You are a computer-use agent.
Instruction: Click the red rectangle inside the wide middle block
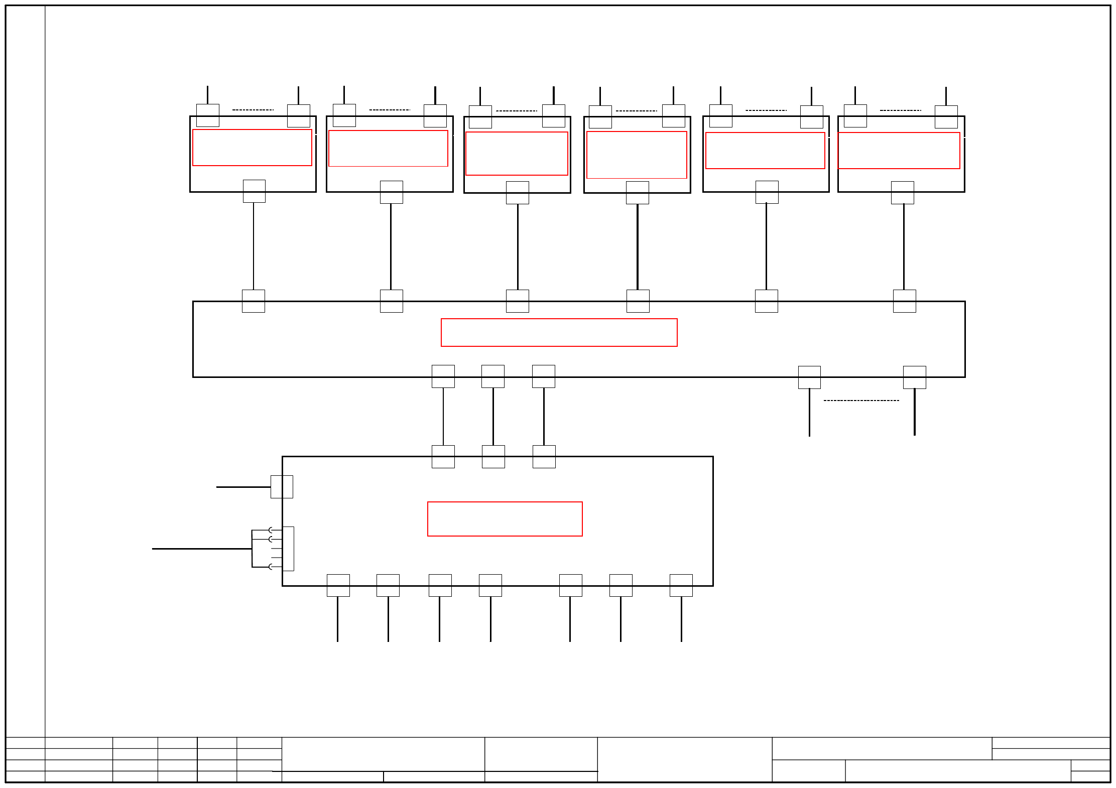tap(559, 332)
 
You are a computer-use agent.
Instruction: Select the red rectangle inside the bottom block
tap(505, 518)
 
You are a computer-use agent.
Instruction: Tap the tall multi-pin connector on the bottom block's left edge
tap(288, 548)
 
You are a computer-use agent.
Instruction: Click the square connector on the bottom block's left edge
tap(282, 486)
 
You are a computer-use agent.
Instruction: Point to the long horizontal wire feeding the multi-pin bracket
tap(201, 549)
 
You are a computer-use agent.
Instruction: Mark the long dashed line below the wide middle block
tap(861, 401)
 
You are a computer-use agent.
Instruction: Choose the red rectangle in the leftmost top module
tap(252, 147)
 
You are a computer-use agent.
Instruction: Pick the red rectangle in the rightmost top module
tap(899, 151)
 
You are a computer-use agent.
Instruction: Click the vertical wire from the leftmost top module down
tap(254, 246)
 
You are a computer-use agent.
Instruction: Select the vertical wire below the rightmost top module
tap(904, 246)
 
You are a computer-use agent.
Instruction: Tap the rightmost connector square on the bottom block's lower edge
tap(681, 585)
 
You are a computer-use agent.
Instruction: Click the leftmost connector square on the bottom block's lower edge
tap(338, 585)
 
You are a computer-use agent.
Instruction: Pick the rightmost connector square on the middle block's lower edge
tap(914, 377)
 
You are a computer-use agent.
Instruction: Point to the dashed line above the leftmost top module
tap(253, 109)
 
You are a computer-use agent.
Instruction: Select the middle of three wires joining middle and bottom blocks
tap(493, 416)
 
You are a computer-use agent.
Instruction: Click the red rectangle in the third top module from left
tap(517, 153)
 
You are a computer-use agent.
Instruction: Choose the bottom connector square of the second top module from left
tap(391, 192)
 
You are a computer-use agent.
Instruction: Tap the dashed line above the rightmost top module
tap(900, 110)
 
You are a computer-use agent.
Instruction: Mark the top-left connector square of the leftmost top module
tap(207, 115)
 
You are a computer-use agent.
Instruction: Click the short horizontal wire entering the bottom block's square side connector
tap(243, 487)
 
